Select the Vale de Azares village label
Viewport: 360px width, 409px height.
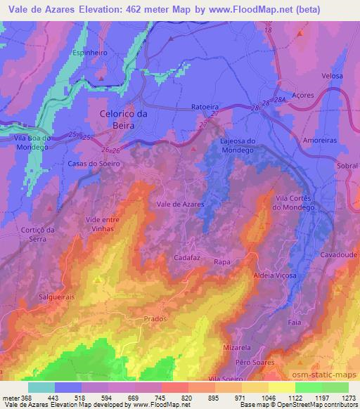click(180, 204)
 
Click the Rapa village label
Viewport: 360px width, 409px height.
click(223, 261)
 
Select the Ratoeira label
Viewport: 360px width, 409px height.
click(205, 107)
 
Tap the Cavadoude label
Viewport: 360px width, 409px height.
click(339, 256)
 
